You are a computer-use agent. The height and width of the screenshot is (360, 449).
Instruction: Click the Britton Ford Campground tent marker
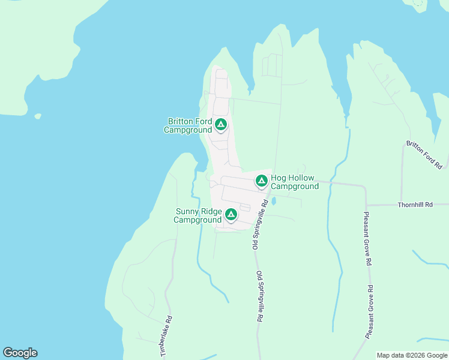[221, 125]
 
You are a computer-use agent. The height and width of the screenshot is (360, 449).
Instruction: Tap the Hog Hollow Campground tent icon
[261, 180]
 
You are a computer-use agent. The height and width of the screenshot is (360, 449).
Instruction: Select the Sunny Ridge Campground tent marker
[231, 214]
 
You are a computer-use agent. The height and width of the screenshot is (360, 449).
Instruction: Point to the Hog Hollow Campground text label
[295, 182]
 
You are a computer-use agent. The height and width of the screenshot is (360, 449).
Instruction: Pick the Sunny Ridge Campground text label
[198, 215]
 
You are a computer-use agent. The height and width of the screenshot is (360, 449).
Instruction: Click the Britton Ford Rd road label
[424, 154]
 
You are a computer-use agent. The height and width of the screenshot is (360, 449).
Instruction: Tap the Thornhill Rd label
[415, 205]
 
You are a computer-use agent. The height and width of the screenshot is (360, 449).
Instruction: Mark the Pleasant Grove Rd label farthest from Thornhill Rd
[372, 313]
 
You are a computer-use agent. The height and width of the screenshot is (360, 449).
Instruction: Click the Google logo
[20, 353]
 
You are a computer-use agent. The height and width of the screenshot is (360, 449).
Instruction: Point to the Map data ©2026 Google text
[412, 355]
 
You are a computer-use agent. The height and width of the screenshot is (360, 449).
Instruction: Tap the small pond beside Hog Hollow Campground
[274, 202]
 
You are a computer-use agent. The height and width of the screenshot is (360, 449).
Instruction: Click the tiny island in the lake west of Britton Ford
[38, 116]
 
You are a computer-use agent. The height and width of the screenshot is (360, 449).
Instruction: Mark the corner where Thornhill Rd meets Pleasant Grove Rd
[366, 205]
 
